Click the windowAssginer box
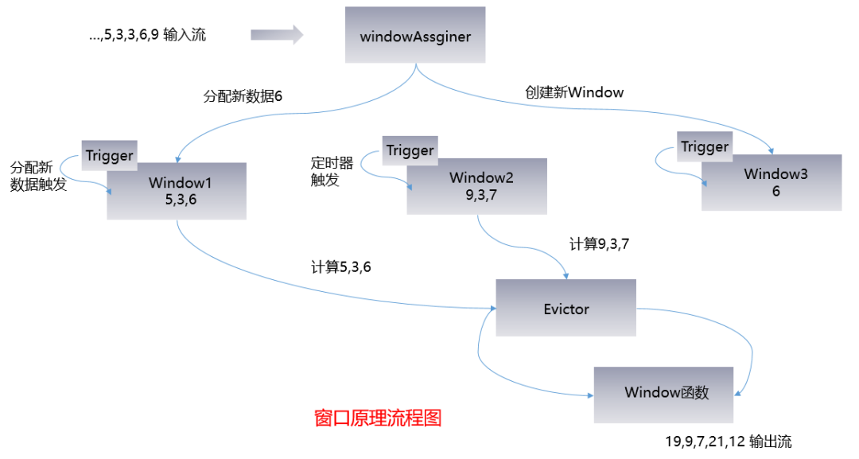tap(414, 35)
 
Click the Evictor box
tap(566, 308)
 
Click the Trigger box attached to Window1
tap(109, 155)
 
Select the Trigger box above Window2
tap(410, 150)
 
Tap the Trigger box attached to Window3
tap(704, 147)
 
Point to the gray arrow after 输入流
tap(277, 35)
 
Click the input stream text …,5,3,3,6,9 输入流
tap(147, 35)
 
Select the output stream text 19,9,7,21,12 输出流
tap(728, 441)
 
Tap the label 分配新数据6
tap(243, 96)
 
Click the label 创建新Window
tap(573, 92)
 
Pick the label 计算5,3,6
tap(340, 267)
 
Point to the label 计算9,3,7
tap(599, 243)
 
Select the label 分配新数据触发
tap(37, 176)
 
